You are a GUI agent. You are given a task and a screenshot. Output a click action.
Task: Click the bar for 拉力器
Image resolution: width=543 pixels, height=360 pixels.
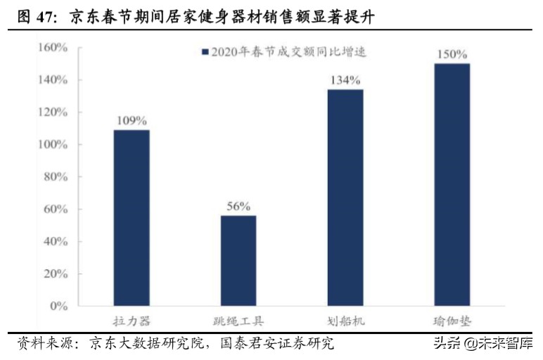point(132,218)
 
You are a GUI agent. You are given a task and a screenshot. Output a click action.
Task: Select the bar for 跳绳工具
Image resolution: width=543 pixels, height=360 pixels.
point(238,261)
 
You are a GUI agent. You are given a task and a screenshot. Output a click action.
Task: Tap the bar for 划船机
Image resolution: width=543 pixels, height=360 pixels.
point(345,198)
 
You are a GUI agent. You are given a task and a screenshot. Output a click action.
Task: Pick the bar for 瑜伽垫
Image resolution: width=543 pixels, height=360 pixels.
point(452,185)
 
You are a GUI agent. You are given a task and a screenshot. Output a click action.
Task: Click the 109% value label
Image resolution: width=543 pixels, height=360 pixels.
point(132,120)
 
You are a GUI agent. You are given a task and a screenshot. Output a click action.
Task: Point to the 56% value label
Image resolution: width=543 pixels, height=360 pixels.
point(238,206)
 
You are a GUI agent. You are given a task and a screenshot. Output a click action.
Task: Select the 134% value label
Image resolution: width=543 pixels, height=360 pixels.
point(345,80)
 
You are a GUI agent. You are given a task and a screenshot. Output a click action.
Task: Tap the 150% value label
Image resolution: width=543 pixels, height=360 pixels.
point(452,54)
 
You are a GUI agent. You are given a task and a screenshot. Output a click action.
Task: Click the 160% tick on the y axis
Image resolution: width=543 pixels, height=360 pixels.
point(52,48)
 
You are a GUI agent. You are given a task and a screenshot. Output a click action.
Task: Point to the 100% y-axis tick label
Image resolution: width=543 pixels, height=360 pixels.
point(52,145)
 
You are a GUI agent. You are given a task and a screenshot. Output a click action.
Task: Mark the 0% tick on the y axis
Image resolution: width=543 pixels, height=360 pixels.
point(58,307)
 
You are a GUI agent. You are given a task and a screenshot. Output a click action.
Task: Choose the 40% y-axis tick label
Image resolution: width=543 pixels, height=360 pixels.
point(55,242)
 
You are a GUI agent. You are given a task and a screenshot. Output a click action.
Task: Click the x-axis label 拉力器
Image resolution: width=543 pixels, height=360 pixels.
point(132,321)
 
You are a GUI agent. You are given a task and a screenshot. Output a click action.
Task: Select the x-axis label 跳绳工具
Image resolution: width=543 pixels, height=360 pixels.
point(238,321)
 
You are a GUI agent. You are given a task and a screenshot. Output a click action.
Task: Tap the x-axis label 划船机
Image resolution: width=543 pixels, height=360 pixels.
point(345,321)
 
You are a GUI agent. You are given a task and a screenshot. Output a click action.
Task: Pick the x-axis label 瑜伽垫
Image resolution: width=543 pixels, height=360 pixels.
point(452,321)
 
